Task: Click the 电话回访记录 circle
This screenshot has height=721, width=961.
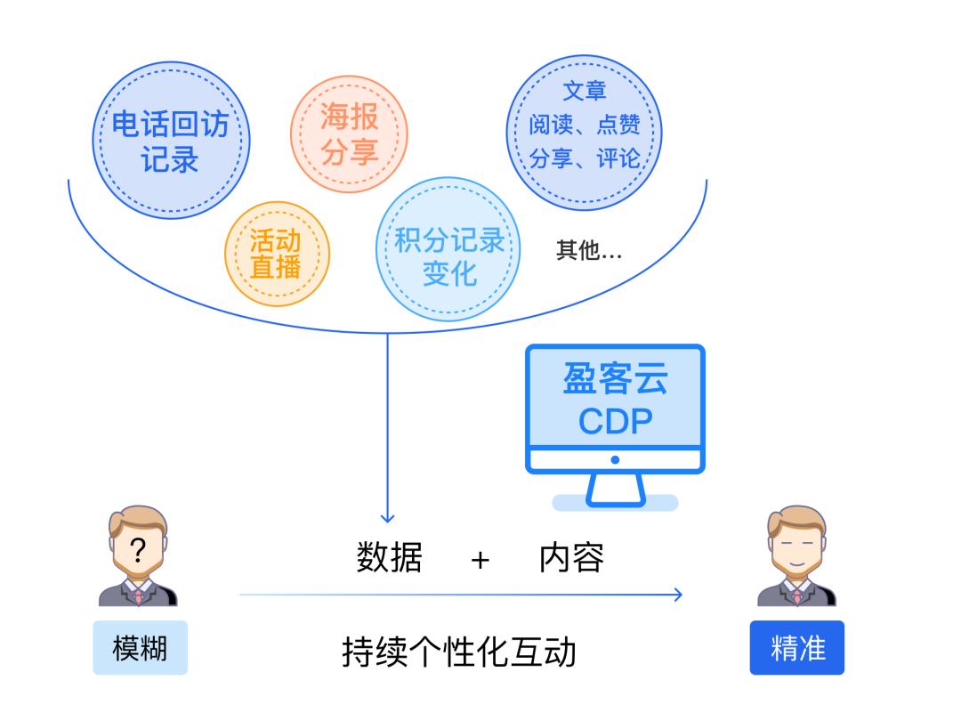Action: [x=170, y=142]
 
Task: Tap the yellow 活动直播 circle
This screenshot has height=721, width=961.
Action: [x=276, y=254]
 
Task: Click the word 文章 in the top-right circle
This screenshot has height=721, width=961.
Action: [x=585, y=92]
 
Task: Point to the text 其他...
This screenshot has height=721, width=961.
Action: [x=588, y=252]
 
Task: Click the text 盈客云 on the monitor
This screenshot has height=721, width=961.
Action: [x=615, y=380]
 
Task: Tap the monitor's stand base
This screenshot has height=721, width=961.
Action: [x=615, y=502]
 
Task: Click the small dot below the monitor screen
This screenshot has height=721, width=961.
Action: [x=615, y=460]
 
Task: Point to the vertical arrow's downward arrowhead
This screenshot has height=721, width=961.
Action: [x=387, y=518]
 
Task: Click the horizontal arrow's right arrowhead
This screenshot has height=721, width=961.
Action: [x=678, y=595]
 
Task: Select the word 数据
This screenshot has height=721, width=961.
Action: [x=389, y=558]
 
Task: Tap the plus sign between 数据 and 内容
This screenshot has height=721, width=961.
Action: [x=480, y=560]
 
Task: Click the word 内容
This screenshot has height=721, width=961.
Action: [x=571, y=558]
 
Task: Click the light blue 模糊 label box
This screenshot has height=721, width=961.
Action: [x=140, y=648]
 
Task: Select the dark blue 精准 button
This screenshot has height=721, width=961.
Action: [x=797, y=648]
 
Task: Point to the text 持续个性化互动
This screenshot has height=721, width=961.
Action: [x=459, y=652]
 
